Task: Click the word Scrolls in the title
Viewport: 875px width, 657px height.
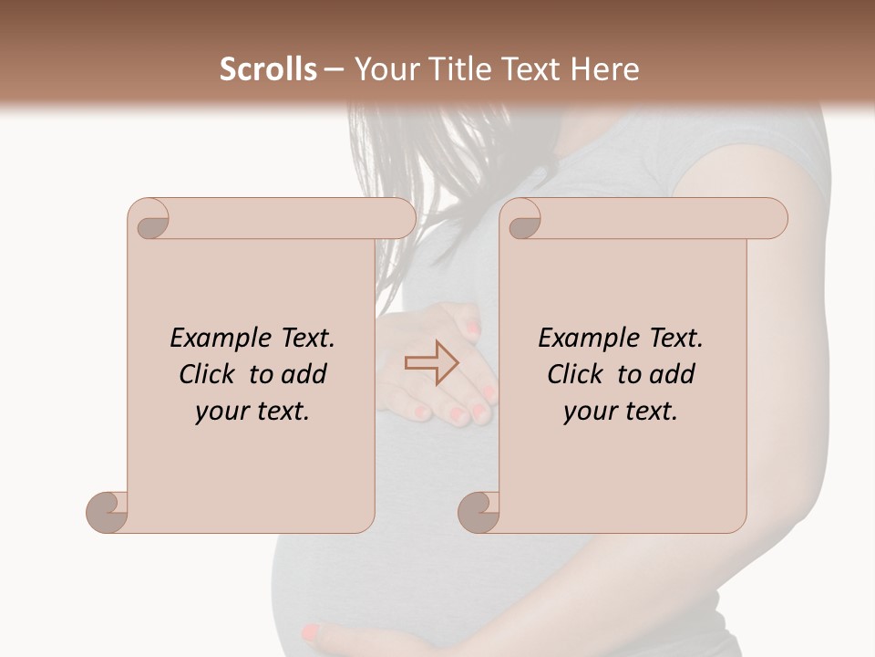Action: (x=268, y=69)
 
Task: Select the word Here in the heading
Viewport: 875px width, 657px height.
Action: (x=603, y=69)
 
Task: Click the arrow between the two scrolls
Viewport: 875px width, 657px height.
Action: (x=431, y=363)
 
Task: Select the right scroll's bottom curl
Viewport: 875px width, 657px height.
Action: (x=479, y=511)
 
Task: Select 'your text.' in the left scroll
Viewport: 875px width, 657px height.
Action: (x=252, y=412)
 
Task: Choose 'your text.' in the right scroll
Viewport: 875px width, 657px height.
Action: (x=621, y=412)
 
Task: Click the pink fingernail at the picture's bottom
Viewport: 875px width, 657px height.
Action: (x=311, y=631)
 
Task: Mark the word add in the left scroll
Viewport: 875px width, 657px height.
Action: (x=304, y=374)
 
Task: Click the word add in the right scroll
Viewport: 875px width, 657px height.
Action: (x=672, y=374)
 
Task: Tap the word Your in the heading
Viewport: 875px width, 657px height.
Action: (x=386, y=69)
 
